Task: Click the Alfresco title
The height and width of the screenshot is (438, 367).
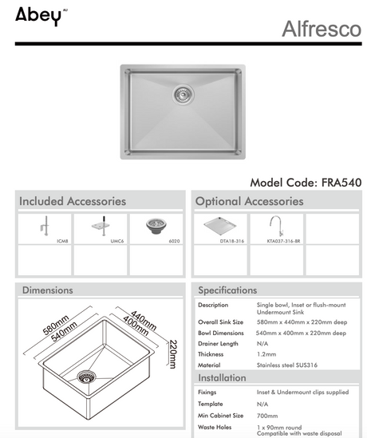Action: coord(322,29)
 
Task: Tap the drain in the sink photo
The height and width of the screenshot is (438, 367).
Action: coord(183,95)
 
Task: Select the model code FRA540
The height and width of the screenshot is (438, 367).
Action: coord(341,183)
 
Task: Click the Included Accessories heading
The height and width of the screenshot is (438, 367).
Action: coord(73,201)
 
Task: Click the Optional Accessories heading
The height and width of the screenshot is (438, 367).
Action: coord(250,201)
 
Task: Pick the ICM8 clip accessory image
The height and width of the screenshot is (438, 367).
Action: coord(45,226)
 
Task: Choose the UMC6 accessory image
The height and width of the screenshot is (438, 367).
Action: coord(101,226)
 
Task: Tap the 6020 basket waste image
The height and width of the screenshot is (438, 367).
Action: coord(156,226)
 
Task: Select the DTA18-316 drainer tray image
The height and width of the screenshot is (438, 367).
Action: coord(220,226)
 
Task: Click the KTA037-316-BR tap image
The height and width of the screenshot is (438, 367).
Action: coord(277,226)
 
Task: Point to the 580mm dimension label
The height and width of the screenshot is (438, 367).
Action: coord(56,325)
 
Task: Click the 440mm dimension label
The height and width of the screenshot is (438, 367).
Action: coord(144,321)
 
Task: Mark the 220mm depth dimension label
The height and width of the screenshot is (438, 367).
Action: coord(173,354)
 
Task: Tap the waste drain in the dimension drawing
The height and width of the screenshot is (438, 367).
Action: coord(86,377)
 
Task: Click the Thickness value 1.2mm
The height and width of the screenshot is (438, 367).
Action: coord(266,354)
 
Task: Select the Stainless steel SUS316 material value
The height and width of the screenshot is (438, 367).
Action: coord(287,365)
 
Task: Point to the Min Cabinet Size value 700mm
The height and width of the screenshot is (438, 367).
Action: coord(267,416)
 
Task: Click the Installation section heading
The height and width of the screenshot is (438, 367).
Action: coord(222,377)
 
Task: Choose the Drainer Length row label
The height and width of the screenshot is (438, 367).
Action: coord(218,344)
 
